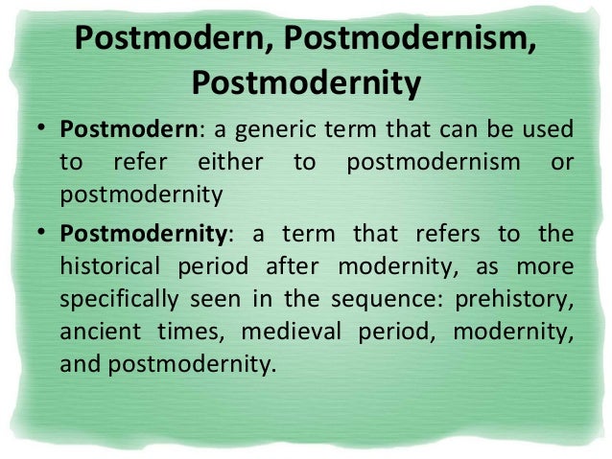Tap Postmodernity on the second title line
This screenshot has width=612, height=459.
pyautogui.click(x=306, y=83)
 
